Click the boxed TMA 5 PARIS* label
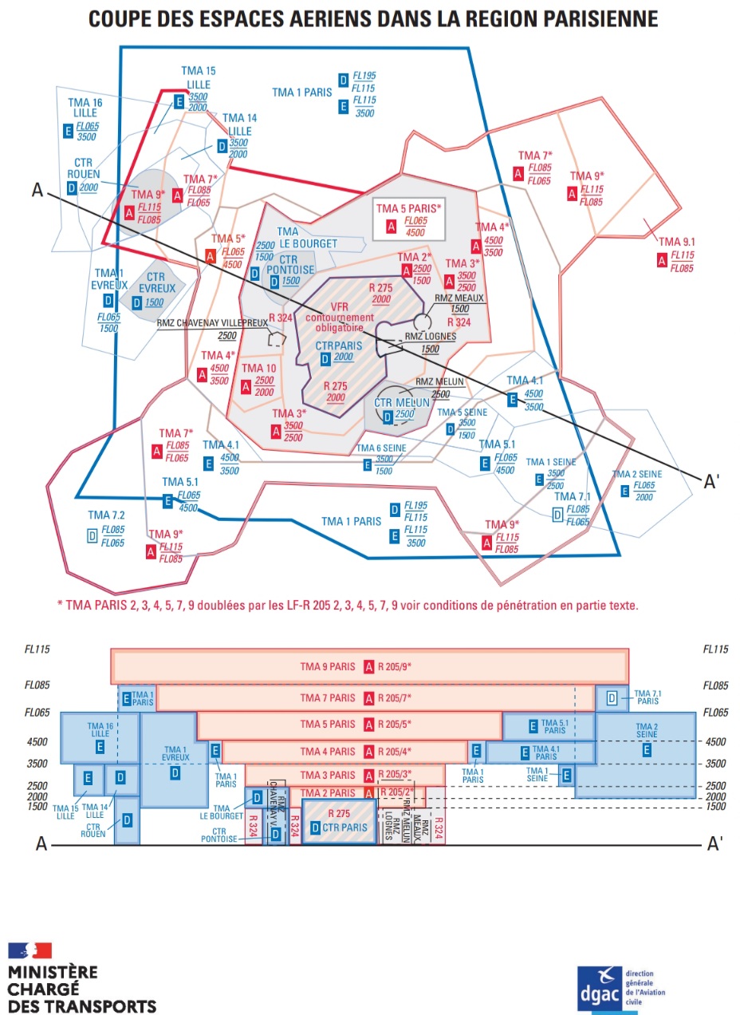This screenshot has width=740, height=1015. pyautogui.click(x=407, y=208)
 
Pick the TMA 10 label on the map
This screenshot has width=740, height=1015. pyautogui.click(x=259, y=369)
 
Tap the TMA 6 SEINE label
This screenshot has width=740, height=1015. pyautogui.click(x=381, y=448)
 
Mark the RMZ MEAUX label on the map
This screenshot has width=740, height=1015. pyautogui.click(x=459, y=298)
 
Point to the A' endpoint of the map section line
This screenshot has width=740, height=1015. pyautogui.click(x=712, y=481)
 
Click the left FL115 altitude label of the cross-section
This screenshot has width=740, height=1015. pyautogui.click(x=37, y=650)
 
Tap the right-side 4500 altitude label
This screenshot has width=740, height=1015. pyautogui.click(x=715, y=741)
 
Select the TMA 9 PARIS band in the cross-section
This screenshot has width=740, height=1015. pyautogui.click(x=369, y=666)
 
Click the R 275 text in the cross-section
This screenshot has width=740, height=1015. pyautogui.click(x=339, y=812)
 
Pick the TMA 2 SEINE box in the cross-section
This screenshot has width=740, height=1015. pyautogui.click(x=646, y=731)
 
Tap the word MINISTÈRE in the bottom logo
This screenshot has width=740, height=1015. pyautogui.click(x=53, y=972)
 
